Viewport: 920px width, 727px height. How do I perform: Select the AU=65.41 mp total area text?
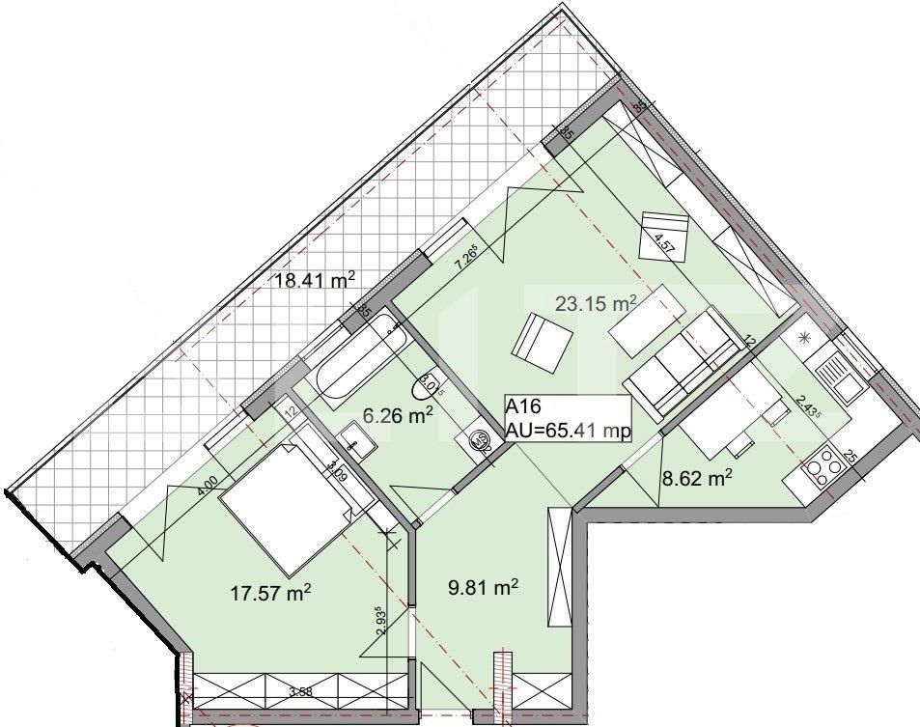tap(569, 432)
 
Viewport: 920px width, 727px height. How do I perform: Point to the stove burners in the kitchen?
tap(822, 466)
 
